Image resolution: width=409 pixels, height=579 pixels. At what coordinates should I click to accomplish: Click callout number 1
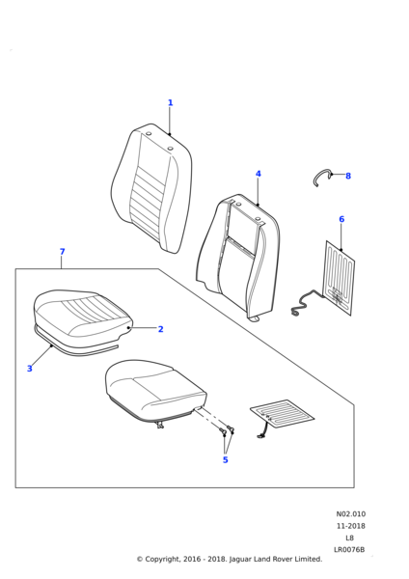[x=170, y=102]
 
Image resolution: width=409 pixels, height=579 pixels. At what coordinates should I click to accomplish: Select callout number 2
[x=160, y=329]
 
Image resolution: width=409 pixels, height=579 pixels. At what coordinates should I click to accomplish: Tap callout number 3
[x=30, y=369]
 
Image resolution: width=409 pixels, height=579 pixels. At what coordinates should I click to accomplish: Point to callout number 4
[x=258, y=174]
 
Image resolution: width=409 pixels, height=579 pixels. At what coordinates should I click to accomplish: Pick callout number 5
[x=225, y=459]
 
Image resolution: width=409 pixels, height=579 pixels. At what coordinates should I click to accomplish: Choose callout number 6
[x=341, y=219]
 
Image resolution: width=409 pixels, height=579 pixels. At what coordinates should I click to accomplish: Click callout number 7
[x=62, y=252]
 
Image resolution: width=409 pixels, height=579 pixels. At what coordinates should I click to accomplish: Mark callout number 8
[x=348, y=177]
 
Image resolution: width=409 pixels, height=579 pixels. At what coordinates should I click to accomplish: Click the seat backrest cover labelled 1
[x=151, y=188]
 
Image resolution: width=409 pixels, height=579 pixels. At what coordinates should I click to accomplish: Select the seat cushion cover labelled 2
[x=82, y=314]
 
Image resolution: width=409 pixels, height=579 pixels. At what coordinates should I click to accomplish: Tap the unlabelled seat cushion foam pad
[x=155, y=392]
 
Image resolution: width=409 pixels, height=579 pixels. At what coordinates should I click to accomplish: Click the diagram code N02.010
[x=351, y=514]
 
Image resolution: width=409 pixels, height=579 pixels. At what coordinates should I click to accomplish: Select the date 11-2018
[x=351, y=526]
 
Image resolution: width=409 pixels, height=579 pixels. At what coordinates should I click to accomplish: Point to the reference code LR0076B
[x=349, y=550]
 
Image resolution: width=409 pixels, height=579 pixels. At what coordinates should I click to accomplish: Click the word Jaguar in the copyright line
[x=241, y=560]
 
